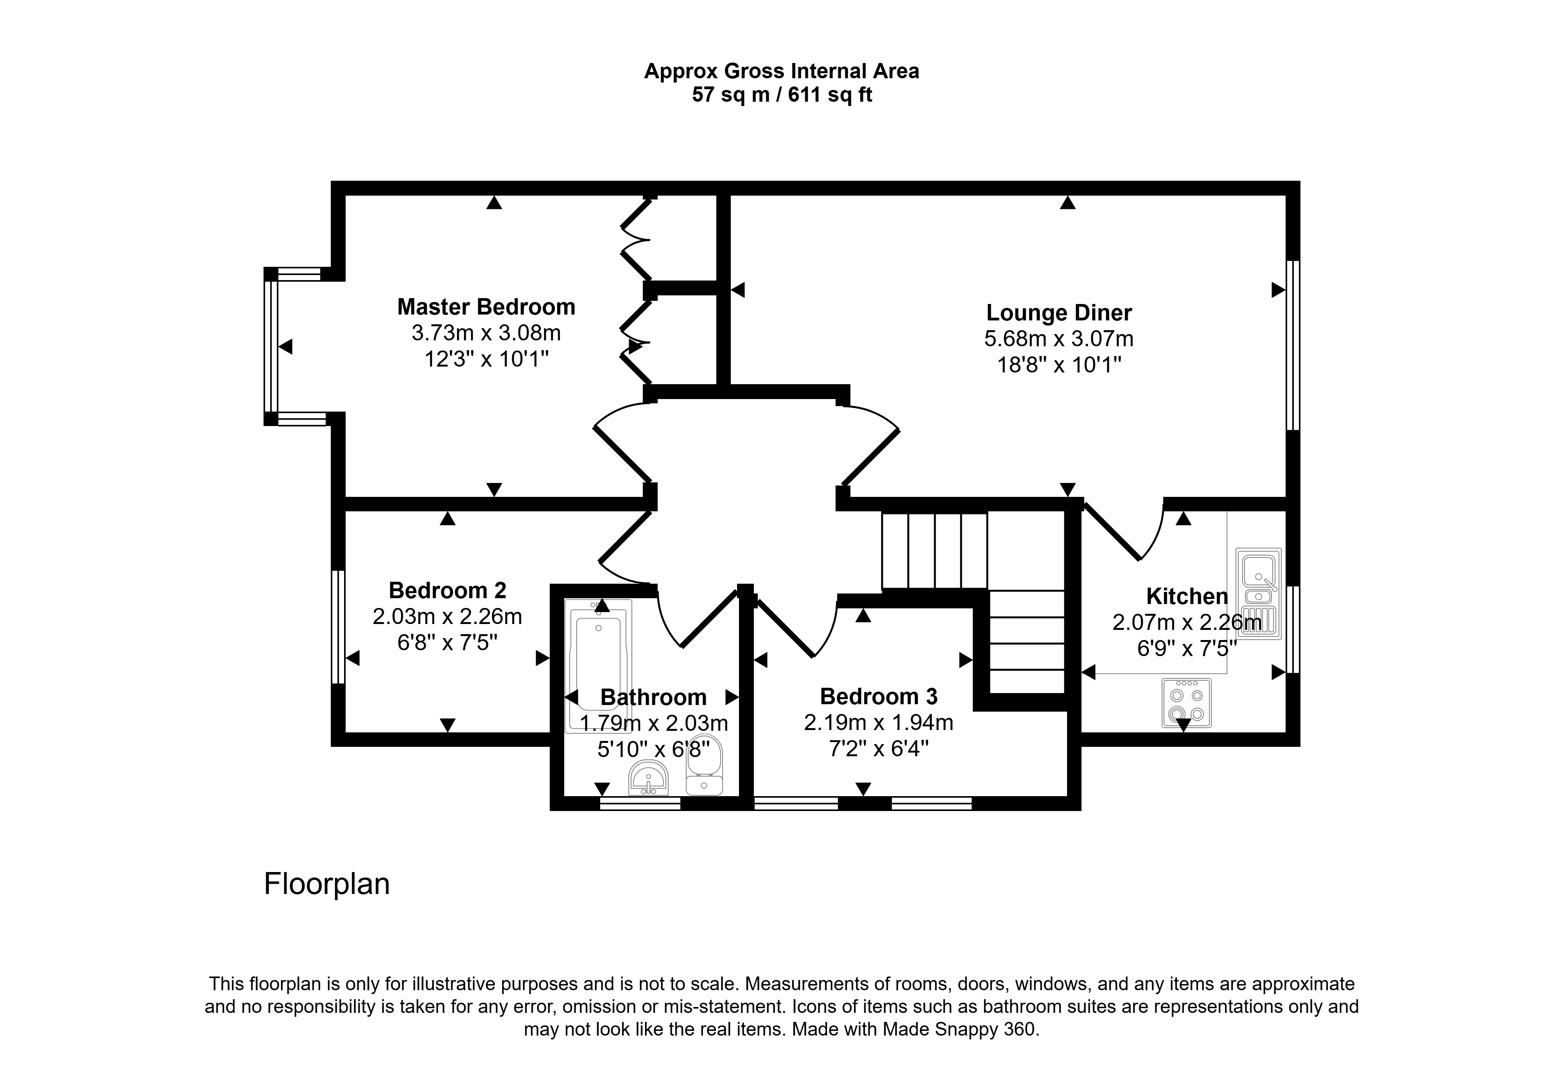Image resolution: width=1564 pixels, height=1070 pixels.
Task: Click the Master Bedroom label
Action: tap(486, 307)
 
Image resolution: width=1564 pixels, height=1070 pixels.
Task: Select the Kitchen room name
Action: tap(1187, 597)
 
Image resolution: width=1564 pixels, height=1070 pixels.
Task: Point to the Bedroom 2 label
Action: tap(448, 590)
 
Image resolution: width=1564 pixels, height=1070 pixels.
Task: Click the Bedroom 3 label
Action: tap(879, 696)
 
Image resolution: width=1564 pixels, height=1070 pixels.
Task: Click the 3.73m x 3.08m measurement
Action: tap(486, 333)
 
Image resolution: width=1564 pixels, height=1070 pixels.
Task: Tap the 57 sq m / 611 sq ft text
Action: tap(782, 95)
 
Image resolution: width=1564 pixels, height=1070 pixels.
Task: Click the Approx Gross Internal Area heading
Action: tap(782, 71)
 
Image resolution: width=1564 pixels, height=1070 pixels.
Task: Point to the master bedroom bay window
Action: tap(271, 347)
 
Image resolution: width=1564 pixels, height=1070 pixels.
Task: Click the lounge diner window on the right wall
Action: tap(1293, 345)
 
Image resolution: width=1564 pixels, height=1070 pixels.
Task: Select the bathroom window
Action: tap(640, 803)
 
